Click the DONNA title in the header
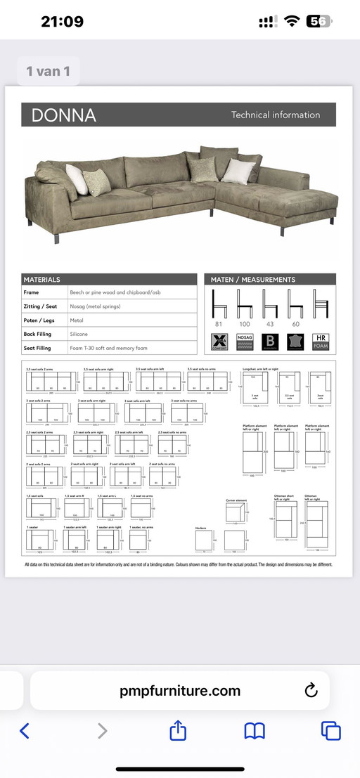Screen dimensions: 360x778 click(x=59, y=115)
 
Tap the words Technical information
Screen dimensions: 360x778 click(x=276, y=115)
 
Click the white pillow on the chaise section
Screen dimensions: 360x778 click(x=238, y=171)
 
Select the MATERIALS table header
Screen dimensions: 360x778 click(x=42, y=280)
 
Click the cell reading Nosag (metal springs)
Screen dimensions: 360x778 click(x=95, y=306)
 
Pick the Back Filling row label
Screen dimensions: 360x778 click(x=38, y=334)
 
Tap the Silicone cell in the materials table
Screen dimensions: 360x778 click(x=79, y=334)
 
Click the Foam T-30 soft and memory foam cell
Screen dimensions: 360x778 click(x=104, y=348)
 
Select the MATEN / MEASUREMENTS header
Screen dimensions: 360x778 click(x=253, y=280)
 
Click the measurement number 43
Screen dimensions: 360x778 click(x=270, y=324)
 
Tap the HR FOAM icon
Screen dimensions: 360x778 click(x=320, y=342)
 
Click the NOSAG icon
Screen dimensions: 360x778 click(x=245, y=342)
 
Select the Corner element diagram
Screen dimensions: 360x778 click(x=236, y=513)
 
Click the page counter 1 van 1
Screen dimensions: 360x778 click(x=49, y=71)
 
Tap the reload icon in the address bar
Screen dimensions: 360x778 click(x=311, y=691)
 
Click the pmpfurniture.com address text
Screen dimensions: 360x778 click(x=180, y=691)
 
